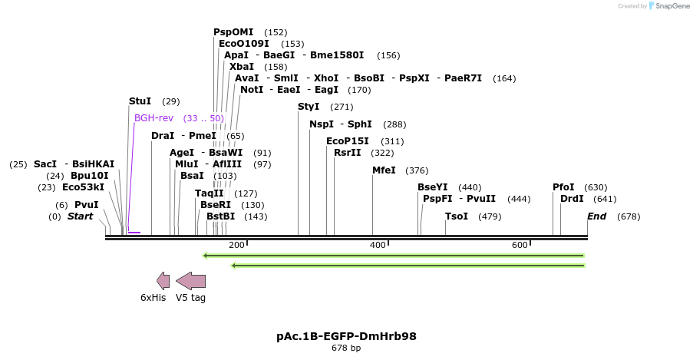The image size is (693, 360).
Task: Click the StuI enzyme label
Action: (x=140, y=101)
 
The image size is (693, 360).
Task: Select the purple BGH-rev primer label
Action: (x=153, y=118)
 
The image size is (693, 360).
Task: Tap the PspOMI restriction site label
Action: (x=233, y=32)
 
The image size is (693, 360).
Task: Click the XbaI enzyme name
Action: (x=242, y=67)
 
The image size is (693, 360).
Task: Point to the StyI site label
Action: (x=309, y=107)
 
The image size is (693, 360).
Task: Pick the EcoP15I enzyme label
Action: (x=348, y=141)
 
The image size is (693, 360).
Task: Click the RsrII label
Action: (x=348, y=153)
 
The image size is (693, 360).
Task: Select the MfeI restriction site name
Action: (x=384, y=170)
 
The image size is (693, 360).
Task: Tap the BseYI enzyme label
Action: (x=433, y=187)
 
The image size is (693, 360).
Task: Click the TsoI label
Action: (x=457, y=216)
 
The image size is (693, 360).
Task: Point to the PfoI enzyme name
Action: (x=563, y=187)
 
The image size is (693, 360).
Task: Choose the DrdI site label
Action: (x=572, y=199)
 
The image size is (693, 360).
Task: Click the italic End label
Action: (x=597, y=216)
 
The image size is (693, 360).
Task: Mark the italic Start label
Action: (x=80, y=216)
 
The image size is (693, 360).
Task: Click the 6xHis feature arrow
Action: (x=163, y=280)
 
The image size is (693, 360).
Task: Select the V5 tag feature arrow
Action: (x=191, y=280)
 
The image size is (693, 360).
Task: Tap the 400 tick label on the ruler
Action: (x=378, y=245)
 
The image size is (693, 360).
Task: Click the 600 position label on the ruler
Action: (x=520, y=245)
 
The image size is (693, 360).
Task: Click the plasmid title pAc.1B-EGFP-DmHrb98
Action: (x=346, y=336)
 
